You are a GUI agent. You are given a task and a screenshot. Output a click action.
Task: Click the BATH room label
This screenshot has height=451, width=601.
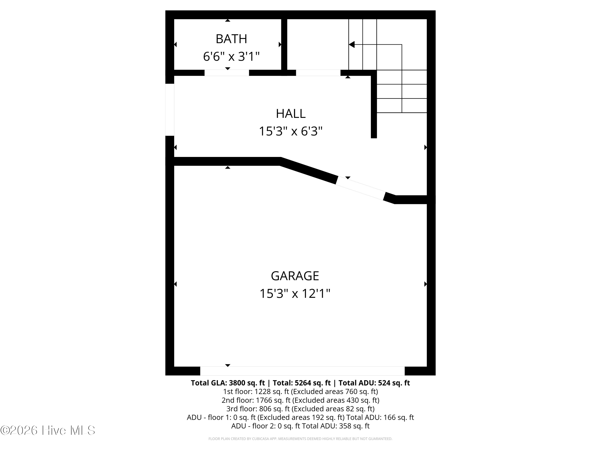[231, 39]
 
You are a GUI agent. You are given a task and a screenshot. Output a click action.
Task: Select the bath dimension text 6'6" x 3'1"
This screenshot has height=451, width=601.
[231, 57]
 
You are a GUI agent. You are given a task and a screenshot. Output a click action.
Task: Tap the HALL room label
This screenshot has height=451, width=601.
[291, 114]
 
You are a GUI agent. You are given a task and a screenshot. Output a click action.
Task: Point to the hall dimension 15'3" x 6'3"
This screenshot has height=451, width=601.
[290, 131]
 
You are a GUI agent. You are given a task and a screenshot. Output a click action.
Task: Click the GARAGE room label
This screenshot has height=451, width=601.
[295, 276]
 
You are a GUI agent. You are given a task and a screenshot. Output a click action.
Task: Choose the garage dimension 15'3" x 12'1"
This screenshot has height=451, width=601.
[295, 294]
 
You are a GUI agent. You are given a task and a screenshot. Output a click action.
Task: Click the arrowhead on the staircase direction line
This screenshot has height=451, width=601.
[352, 44]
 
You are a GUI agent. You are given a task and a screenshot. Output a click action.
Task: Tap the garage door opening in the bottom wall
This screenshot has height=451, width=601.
[302, 371]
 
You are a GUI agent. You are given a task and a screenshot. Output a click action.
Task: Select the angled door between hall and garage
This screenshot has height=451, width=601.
[361, 188]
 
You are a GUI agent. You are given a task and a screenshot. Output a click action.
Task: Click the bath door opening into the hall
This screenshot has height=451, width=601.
[227, 73]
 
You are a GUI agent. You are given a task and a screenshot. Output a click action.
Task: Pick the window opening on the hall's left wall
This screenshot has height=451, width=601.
[170, 110]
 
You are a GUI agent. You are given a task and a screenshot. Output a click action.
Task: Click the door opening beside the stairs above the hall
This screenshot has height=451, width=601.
[318, 73]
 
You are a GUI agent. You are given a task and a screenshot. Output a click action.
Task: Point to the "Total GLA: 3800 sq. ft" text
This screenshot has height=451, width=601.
[228, 383]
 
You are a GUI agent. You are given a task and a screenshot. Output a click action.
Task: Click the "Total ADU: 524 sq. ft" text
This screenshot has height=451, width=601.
[374, 383]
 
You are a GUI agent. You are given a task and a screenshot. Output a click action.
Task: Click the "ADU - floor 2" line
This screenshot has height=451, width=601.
[300, 426]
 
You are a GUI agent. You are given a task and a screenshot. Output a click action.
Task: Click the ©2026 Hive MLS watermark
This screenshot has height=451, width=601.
[48, 430]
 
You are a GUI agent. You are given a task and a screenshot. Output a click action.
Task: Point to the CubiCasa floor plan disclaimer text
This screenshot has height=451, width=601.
[300, 439]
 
